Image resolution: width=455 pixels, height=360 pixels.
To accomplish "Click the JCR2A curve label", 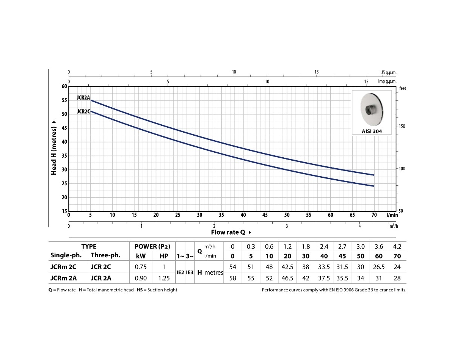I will point(83,98).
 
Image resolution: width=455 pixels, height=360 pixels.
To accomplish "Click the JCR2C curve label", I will point(83,111).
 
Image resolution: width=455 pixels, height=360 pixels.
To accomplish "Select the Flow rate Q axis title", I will point(231,232).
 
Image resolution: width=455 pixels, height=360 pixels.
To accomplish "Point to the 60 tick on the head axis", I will point(64,86).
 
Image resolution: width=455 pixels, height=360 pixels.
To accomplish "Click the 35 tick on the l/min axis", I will point(221,215).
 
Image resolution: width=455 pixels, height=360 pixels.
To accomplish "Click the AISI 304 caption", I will point(372,131).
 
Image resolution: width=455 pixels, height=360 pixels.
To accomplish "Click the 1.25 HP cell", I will point(164,279).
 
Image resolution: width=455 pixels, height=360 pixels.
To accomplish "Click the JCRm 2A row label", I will point(63,279).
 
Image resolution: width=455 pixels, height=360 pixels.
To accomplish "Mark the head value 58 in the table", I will point(233,279).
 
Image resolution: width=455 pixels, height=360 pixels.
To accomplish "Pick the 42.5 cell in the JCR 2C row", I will point(287,267).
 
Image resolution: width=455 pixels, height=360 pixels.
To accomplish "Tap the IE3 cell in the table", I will point(190,272).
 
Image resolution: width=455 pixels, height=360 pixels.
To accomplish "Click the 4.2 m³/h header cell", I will point(397,246).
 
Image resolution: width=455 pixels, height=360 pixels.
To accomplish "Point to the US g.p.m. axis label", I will point(388,72).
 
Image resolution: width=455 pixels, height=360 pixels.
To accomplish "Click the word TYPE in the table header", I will point(89,246).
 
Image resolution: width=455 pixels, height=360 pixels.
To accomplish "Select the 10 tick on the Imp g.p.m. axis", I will point(267,81).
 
